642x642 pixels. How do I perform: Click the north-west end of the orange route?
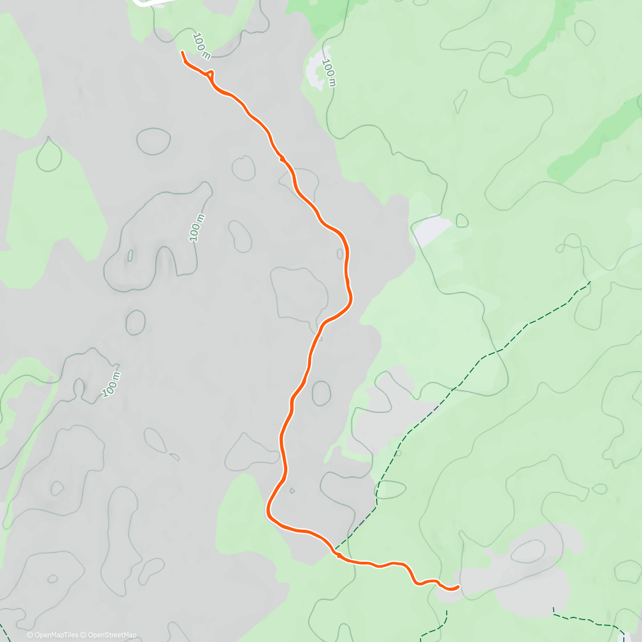click(182, 52)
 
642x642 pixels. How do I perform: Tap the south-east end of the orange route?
click(458, 587)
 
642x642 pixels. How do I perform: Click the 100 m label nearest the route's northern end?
click(201, 45)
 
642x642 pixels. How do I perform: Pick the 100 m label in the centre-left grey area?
click(197, 227)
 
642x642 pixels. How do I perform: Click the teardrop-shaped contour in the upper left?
click(49, 155)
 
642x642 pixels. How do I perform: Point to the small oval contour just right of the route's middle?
click(321, 393)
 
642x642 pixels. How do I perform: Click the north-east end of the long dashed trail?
click(590, 281)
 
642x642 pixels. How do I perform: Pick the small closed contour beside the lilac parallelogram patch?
click(462, 220)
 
